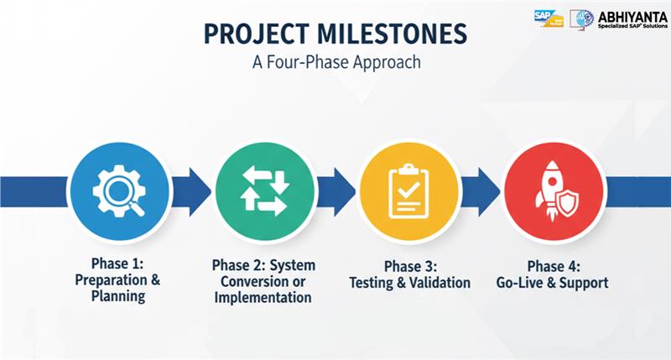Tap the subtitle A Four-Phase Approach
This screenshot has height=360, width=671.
point(335,62)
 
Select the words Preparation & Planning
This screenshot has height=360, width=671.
point(118,288)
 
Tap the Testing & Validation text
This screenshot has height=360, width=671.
point(408,283)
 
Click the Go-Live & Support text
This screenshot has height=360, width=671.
point(553,283)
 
